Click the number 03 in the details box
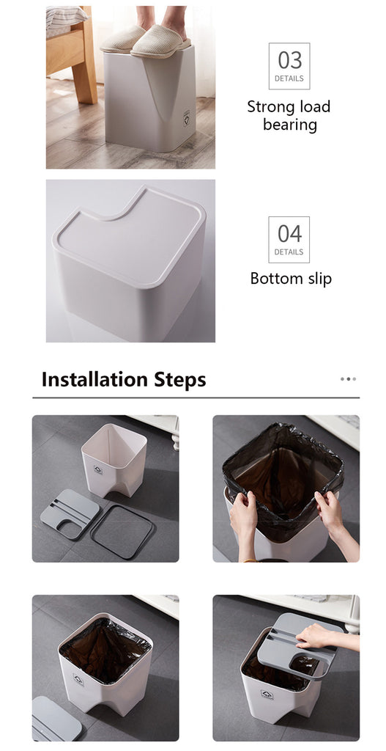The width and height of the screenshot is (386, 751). (x=289, y=61)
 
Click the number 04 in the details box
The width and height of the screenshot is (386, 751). (x=289, y=234)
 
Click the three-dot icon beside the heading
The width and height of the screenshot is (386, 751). (x=348, y=379)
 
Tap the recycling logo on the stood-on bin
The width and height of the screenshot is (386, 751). (x=186, y=118)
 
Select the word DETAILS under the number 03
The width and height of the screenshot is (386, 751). (x=289, y=78)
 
